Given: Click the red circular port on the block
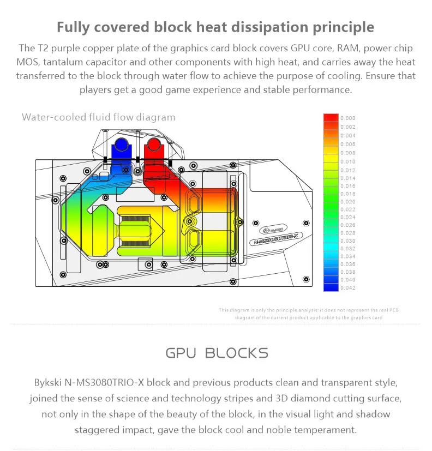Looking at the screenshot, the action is click(x=152, y=146).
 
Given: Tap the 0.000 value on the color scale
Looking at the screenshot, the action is click(x=347, y=118).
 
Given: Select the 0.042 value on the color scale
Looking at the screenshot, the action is click(x=347, y=287).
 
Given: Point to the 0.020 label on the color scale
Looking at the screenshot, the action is click(x=347, y=202).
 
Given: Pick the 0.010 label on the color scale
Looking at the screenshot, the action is click(x=347, y=162).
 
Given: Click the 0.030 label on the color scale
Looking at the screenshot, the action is click(x=347, y=240).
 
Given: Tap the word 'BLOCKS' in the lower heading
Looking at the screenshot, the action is click(x=237, y=353).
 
